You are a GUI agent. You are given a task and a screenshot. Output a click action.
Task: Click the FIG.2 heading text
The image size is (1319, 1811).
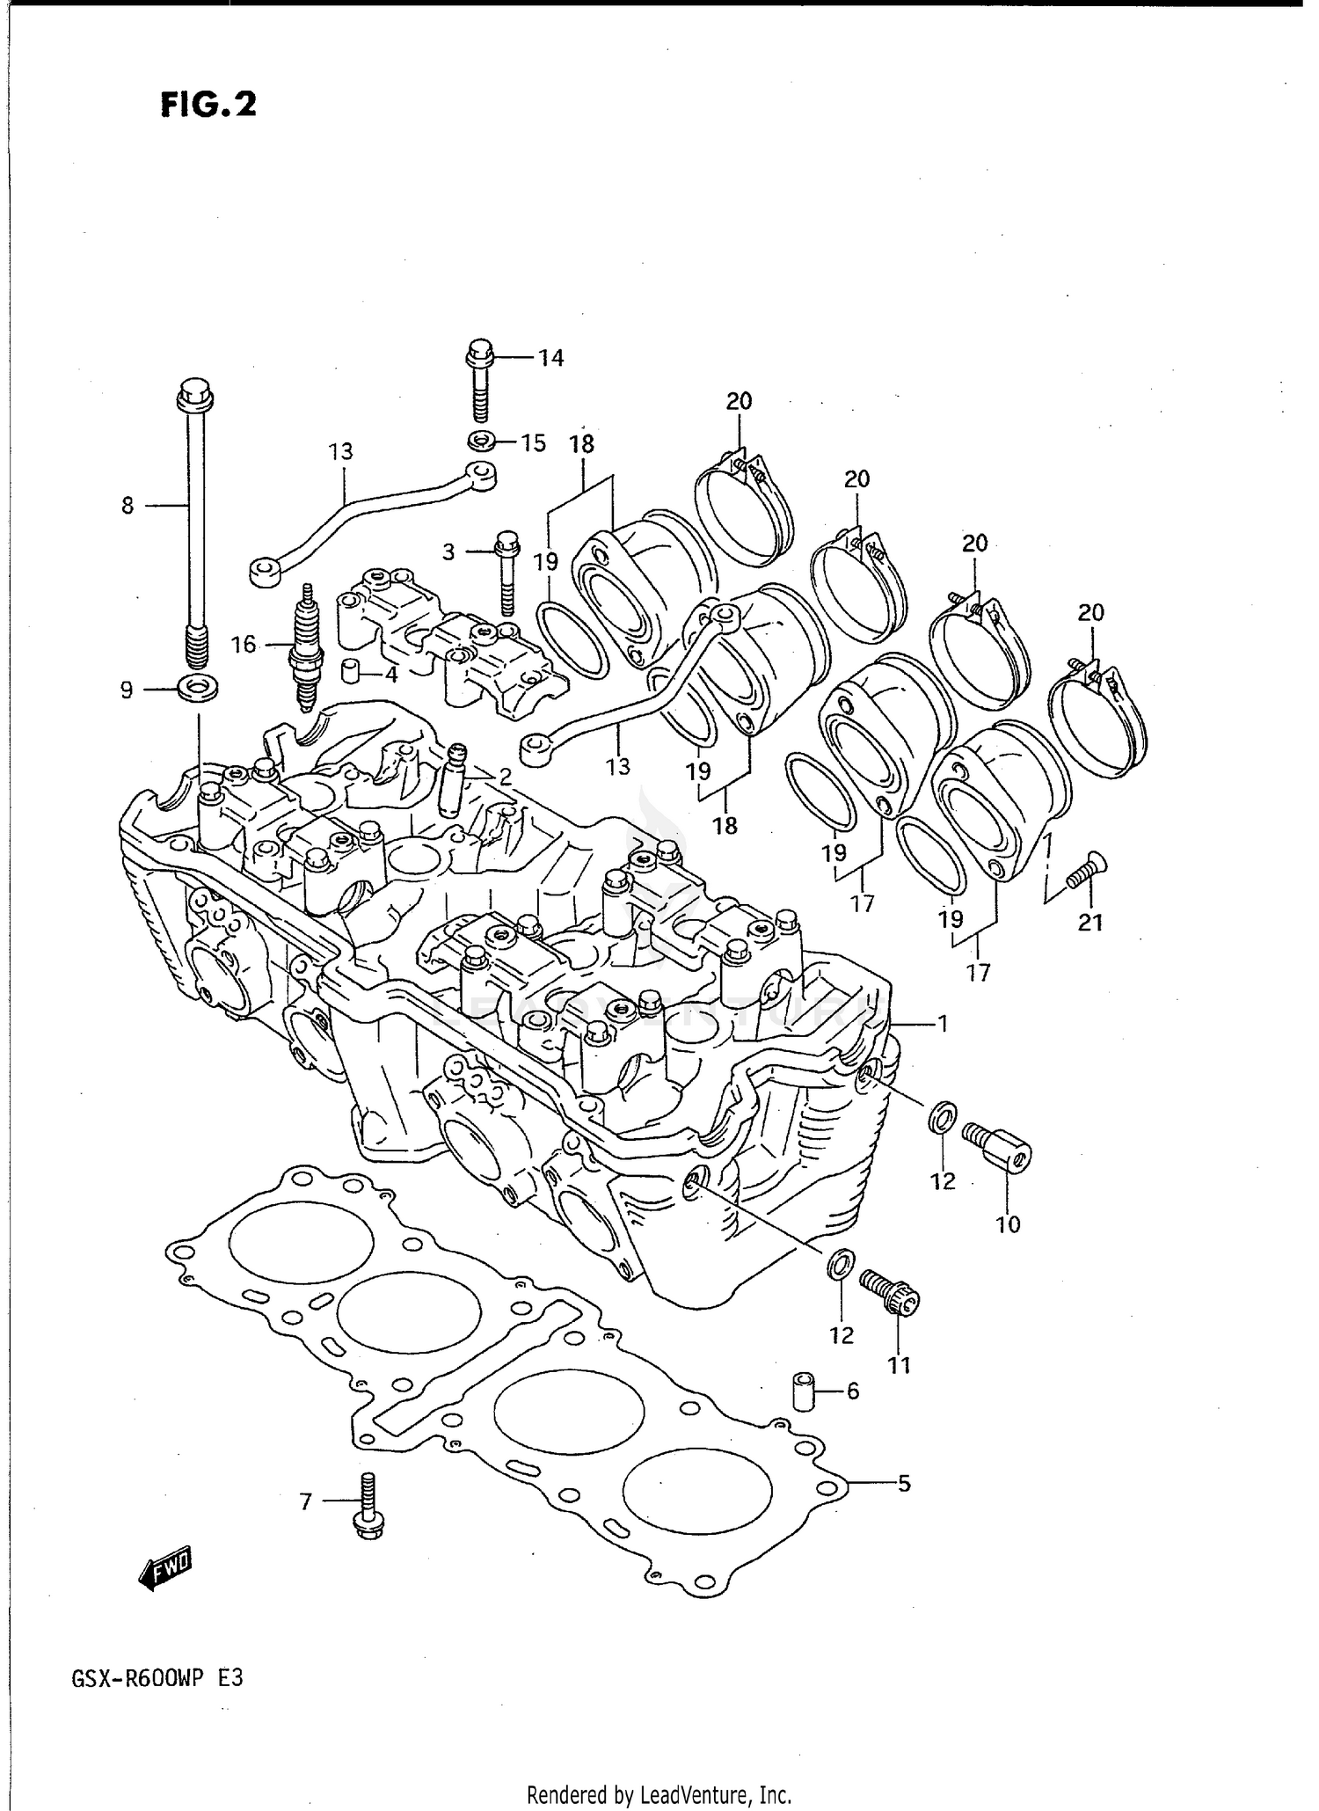pyautogui.click(x=208, y=105)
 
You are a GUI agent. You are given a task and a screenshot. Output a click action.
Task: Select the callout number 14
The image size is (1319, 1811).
pyautogui.click(x=551, y=358)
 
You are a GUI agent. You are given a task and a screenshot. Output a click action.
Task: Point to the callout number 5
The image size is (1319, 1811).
pyautogui.click(x=904, y=1485)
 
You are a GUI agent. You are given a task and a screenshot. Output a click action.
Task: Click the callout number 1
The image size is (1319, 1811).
pyautogui.click(x=942, y=1024)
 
